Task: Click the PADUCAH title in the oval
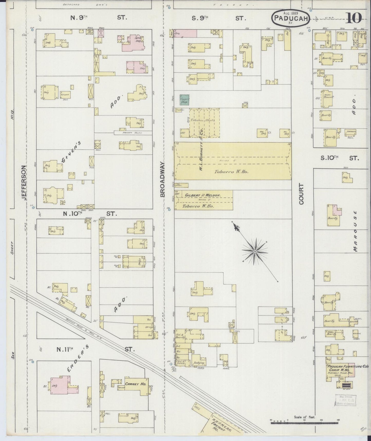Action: coord(290,18)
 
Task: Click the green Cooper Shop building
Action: coord(185,100)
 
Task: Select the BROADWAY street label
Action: coord(163,179)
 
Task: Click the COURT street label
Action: coord(301,194)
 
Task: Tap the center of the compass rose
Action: coord(255,251)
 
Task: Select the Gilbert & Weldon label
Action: coord(203,195)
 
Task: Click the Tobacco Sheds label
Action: coord(205,120)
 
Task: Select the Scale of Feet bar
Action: coord(304,423)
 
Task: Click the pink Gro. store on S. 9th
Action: coord(185,33)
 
